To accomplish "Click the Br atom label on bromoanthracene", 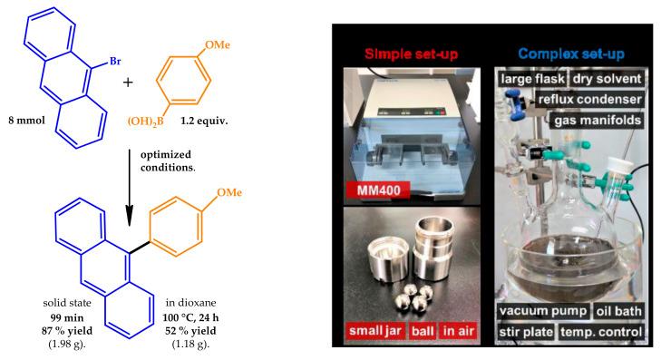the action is coord(115,62).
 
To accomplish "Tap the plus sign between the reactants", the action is coord(128,82).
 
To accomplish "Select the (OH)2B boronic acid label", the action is coord(146,122).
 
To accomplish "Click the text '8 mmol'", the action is coord(26,121).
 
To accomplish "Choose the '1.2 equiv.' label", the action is coord(204,121).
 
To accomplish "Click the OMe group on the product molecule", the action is coord(229,192).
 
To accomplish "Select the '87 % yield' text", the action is coord(67,331).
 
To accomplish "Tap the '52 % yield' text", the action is coord(190,331).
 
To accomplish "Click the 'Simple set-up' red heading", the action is coord(411,54).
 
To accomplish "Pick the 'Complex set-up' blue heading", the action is coord(571,54).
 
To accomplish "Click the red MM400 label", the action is coord(378,190).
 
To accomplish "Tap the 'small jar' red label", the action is coord(375,330).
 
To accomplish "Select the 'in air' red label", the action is coord(458,331).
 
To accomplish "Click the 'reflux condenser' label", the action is coord(589,100).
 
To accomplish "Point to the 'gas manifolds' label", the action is coord(598,121).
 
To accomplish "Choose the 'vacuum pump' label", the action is coord(543,311).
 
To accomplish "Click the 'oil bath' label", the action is coord(618,311).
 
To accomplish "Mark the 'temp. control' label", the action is coord(601,332).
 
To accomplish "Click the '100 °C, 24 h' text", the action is coord(190,317).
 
